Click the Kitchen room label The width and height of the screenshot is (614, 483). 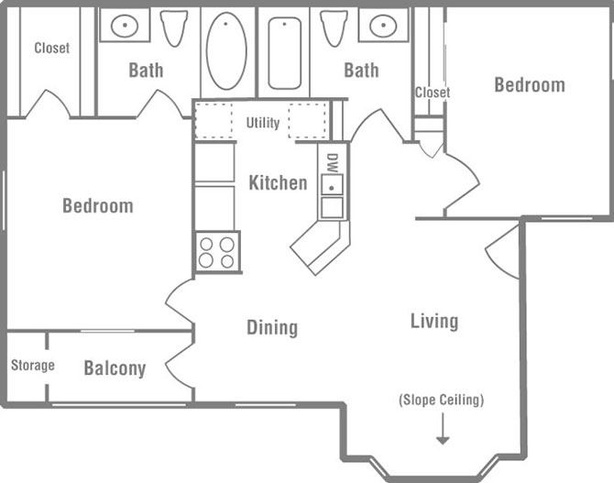(278, 183)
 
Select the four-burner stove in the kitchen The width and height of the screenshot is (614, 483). (217, 252)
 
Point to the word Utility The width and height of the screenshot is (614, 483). (263, 123)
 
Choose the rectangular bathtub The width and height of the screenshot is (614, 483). (284, 51)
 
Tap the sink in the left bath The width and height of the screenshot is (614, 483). (124, 26)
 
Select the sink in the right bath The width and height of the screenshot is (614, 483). (383, 26)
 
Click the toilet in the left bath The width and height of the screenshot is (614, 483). (173, 27)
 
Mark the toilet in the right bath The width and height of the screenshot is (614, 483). (334, 27)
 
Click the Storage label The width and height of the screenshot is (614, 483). (33, 366)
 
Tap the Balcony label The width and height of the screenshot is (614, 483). (115, 369)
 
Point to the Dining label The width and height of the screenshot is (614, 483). (272, 327)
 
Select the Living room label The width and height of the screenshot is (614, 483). (433, 321)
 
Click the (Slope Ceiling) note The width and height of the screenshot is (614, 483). (441, 401)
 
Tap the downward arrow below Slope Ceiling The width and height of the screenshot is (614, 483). (443, 429)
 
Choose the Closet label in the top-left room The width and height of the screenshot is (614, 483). (51, 48)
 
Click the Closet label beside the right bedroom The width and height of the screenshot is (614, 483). (433, 93)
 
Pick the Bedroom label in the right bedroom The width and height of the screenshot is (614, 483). (529, 85)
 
